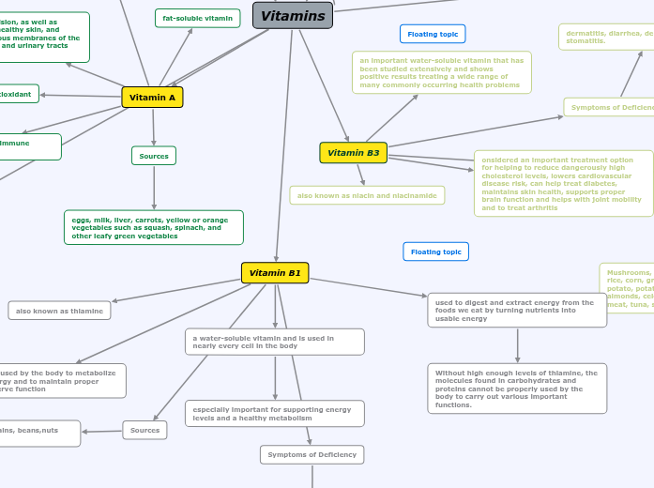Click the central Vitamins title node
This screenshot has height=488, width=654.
(293, 15)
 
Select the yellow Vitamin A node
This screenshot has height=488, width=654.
(152, 97)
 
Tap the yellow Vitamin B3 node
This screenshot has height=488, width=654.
(353, 152)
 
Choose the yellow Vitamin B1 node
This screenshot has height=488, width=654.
(275, 272)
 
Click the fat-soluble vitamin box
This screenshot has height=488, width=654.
(197, 18)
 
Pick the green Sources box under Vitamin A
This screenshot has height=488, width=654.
(154, 156)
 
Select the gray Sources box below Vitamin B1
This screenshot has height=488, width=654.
(144, 430)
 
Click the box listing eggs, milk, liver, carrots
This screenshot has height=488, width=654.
(153, 227)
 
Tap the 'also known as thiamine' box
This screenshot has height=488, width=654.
(59, 310)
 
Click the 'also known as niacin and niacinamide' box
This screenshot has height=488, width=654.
(367, 195)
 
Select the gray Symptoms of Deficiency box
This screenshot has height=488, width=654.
(312, 454)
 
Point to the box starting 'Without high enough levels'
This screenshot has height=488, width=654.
(517, 389)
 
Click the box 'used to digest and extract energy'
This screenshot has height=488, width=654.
(517, 310)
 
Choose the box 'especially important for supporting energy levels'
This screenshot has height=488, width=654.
(274, 413)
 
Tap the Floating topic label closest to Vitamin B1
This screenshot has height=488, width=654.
(435, 252)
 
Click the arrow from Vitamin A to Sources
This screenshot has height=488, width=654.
(154, 127)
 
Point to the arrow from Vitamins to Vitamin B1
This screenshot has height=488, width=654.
(284, 141)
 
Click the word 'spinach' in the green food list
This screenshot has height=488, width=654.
(186, 227)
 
